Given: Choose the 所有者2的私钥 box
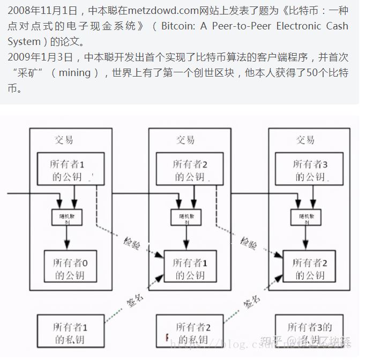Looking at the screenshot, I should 191,333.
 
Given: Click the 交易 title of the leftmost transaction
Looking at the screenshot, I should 64,140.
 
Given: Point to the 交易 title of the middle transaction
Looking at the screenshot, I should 185,140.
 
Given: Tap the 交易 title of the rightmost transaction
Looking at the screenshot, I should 305,140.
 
